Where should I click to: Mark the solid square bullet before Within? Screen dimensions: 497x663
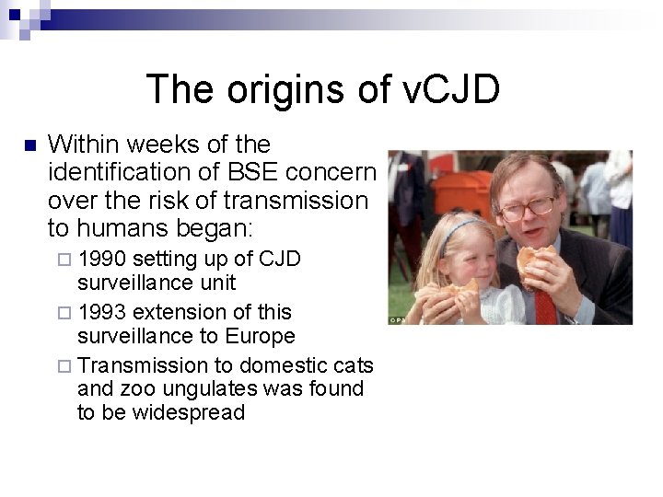[29, 145]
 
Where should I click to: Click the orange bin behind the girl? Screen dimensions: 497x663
[461, 192]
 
